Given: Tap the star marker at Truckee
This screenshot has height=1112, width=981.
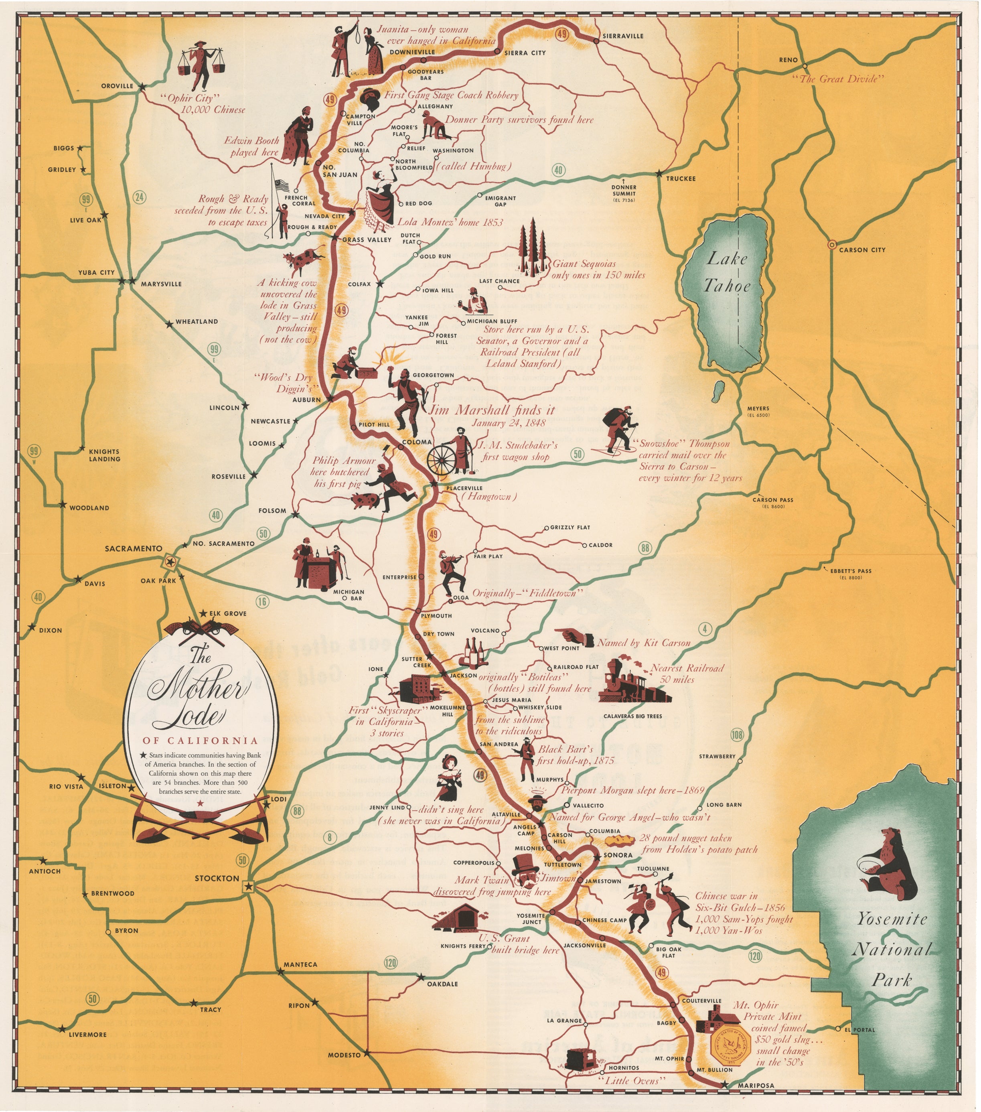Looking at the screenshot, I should pyautogui.click(x=659, y=174).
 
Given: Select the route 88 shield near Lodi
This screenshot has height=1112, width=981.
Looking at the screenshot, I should pyautogui.click(x=297, y=811).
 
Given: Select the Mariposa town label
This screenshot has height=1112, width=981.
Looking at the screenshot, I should pyautogui.click(x=756, y=1086).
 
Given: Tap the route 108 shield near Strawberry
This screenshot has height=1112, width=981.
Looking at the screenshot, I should pyautogui.click(x=737, y=735).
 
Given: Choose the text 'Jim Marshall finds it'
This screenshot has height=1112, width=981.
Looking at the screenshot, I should pyautogui.click(x=492, y=410).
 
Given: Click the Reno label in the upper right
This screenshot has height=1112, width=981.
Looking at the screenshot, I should pyautogui.click(x=788, y=60).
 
